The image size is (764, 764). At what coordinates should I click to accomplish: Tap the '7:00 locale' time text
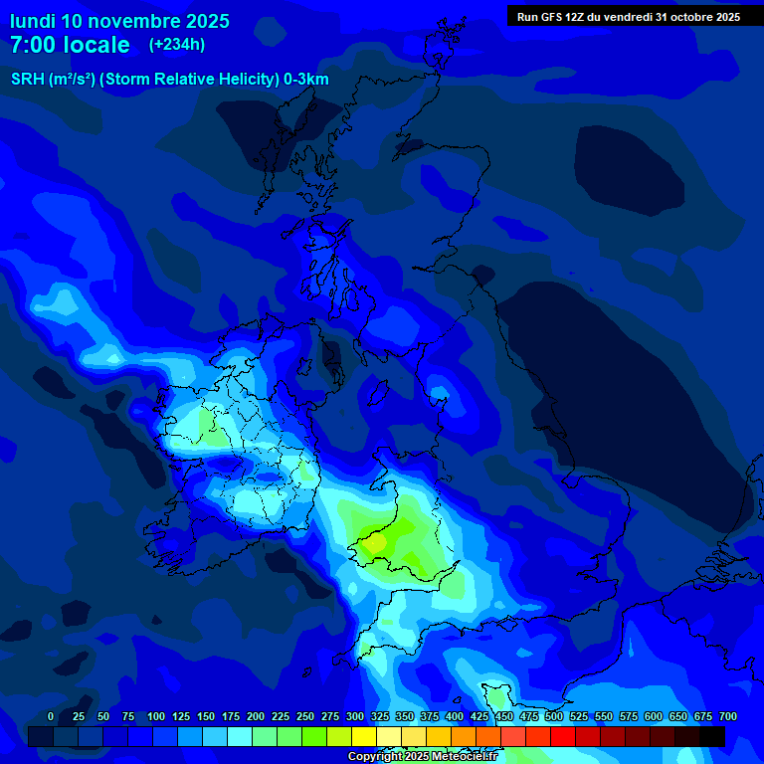click(70, 45)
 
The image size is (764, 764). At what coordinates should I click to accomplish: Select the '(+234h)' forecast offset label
click(177, 45)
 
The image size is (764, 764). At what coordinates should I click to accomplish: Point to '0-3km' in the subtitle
click(306, 80)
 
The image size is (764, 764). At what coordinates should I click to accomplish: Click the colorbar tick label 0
click(51, 716)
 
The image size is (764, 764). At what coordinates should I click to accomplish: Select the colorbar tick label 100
click(156, 716)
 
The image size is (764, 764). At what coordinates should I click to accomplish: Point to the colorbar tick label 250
click(305, 716)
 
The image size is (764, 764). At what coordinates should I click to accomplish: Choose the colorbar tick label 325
click(380, 716)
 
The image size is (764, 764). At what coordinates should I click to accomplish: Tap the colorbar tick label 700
click(728, 716)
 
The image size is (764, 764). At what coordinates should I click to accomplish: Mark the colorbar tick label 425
click(479, 716)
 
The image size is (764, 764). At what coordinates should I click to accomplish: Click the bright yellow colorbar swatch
click(364, 736)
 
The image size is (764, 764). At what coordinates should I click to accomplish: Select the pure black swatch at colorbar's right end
click(712, 736)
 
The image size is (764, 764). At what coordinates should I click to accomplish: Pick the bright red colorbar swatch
click(563, 736)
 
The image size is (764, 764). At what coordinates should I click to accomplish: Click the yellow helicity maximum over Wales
click(376, 543)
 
